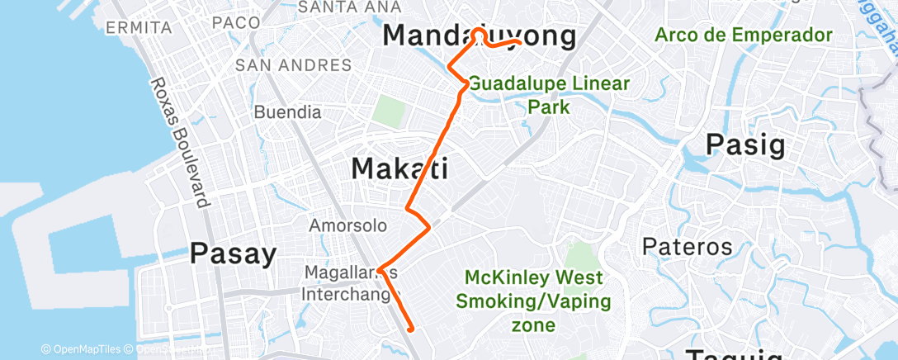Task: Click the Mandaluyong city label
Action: [x=480, y=36]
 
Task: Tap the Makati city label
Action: [x=399, y=169]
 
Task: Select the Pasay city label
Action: [x=233, y=254]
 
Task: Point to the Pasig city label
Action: [x=744, y=145]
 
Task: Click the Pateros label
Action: [x=688, y=246]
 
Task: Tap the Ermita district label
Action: [x=139, y=28]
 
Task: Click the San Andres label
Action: [x=293, y=64]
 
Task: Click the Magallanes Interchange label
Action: [x=351, y=282]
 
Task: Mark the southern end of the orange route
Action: [x=410, y=328]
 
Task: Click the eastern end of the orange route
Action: [x=518, y=41]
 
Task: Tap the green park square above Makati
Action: [x=386, y=111]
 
